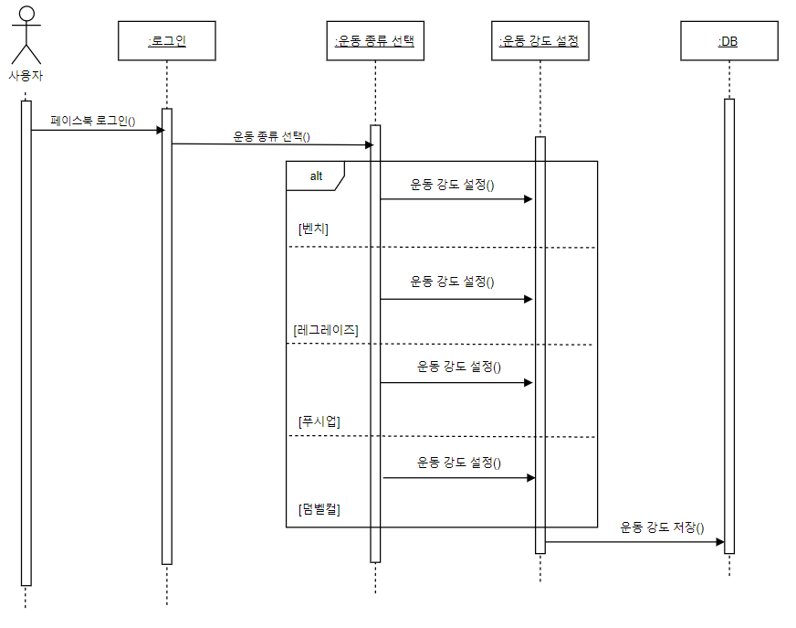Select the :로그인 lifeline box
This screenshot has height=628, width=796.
point(167,41)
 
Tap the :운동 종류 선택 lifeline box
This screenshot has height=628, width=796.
point(375,41)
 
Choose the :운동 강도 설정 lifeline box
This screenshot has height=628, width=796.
point(539,41)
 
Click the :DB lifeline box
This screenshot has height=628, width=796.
point(728,41)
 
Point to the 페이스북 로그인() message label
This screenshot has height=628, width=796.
point(93,120)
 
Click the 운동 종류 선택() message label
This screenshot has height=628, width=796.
point(272,137)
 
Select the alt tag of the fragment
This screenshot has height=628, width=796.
point(314,175)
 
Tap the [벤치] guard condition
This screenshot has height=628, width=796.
point(313,229)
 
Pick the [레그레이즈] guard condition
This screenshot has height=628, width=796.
point(326,328)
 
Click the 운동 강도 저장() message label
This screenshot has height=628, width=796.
point(663,527)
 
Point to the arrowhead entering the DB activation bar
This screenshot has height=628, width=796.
point(719,542)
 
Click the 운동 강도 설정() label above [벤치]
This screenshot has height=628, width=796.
point(452,184)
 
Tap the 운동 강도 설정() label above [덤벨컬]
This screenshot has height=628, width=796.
point(459,463)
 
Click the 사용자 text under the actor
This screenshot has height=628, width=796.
point(26,76)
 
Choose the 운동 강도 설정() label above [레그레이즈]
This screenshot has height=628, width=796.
point(452,281)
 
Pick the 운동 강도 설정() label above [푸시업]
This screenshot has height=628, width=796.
point(459,366)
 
